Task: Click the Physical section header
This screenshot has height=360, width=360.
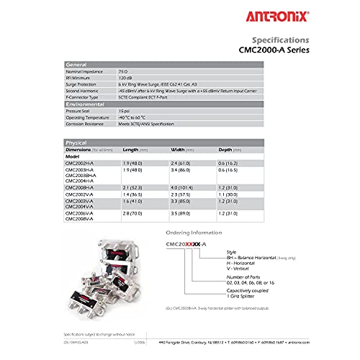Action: pyautogui.click(x=78, y=143)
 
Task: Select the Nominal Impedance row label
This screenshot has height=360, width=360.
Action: pyautogui.click(x=84, y=72)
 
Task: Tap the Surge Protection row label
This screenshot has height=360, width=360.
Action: pyautogui.click(x=81, y=85)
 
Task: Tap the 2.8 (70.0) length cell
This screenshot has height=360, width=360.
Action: pyautogui.click(x=134, y=214)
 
